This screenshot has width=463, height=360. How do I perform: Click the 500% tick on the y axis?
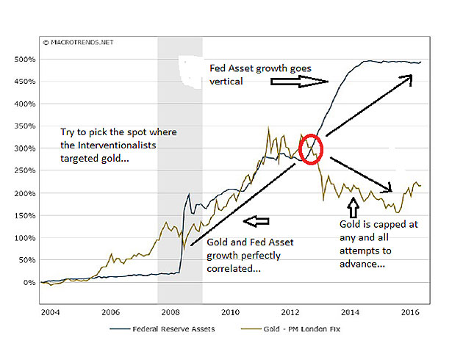click(24, 59)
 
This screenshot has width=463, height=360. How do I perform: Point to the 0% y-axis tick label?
click(29, 283)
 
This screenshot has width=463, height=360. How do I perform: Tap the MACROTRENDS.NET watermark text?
click(79, 43)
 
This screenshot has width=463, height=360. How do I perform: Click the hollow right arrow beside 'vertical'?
click(291, 83)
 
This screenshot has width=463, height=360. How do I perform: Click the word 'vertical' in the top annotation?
click(226, 82)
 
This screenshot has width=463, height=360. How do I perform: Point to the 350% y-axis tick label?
click(24, 126)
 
